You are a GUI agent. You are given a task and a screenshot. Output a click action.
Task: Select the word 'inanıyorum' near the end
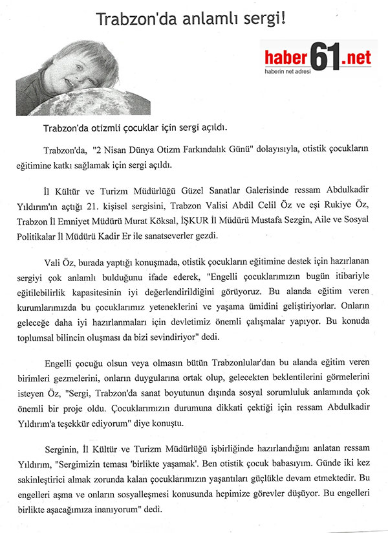pos(145,510)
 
